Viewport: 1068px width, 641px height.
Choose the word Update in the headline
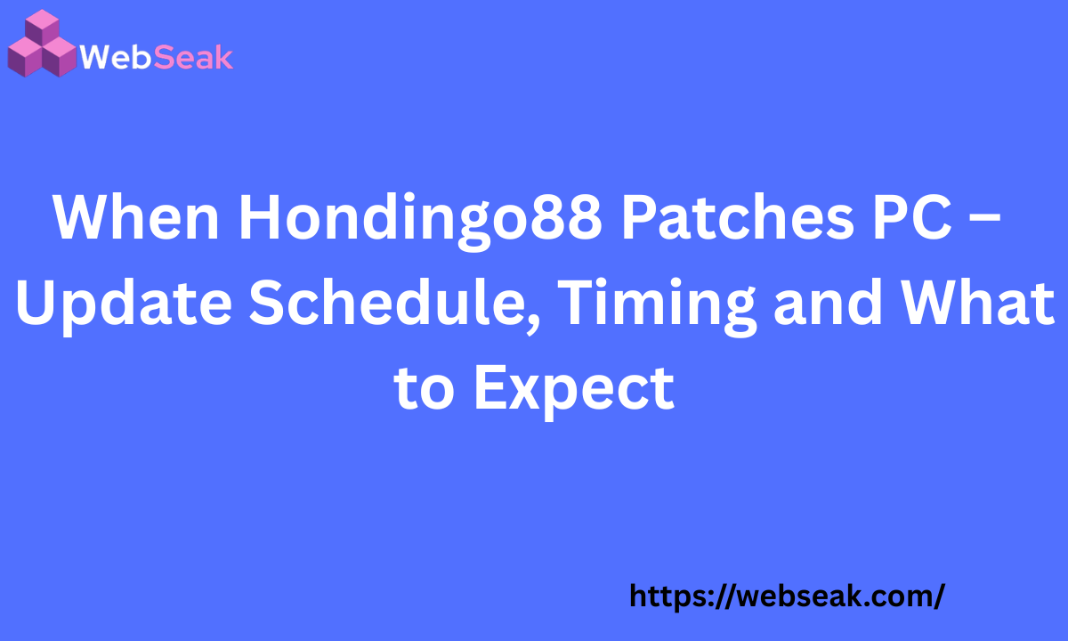(123, 304)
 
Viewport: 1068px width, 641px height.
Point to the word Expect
(573, 389)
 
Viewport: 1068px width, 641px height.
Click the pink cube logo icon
(41, 44)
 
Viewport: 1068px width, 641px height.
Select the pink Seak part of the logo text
(194, 58)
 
